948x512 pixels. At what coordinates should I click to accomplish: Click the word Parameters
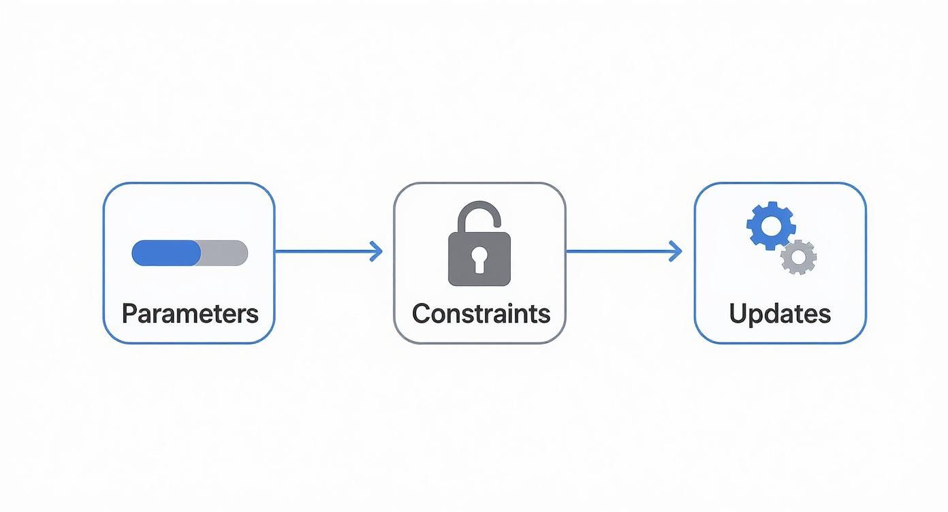pyautogui.click(x=190, y=314)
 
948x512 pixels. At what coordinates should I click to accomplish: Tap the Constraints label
pyautogui.click(x=481, y=314)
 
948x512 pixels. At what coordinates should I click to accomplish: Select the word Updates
pyautogui.click(x=780, y=314)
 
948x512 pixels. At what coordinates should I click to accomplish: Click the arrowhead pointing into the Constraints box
pyautogui.click(x=377, y=252)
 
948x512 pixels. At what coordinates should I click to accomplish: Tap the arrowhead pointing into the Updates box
pyautogui.click(x=676, y=252)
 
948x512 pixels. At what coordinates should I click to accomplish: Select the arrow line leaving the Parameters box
pyautogui.click(x=320, y=252)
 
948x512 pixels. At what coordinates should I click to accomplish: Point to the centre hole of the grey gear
pyautogui.click(x=798, y=257)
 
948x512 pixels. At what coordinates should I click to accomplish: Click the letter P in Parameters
pyautogui.click(x=129, y=314)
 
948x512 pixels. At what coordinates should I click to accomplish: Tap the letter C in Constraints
pyautogui.click(x=422, y=314)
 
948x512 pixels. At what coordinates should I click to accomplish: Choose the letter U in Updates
pyautogui.click(x=738, y=314)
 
